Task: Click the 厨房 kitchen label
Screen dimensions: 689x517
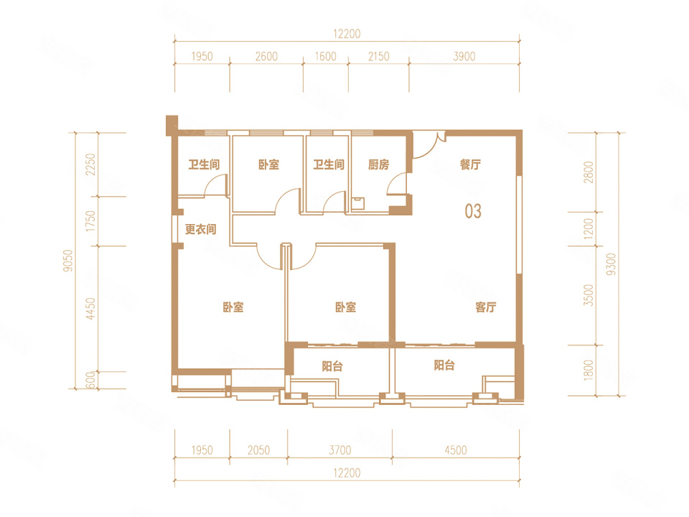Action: [x=378, y=164]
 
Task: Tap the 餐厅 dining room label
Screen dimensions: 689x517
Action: [x=470, y=164]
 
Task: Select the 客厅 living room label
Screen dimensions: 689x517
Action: [x=486, y=307]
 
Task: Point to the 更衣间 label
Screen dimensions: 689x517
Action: [x=201, y=229]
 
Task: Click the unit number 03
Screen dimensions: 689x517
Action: [x=473, y=211]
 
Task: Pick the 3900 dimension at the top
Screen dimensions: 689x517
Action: [x=464, y=56]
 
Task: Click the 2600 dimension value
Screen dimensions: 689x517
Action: [x=266, y=56]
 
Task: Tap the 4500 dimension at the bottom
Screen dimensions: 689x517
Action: [x=455, y=450]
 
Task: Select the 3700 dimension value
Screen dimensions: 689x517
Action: [x=340, y=450]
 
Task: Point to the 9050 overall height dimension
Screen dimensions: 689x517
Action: [x=67, y=261]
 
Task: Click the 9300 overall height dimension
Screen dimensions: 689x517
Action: [x=611, y=264]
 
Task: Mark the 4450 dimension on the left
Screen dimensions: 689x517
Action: [x=90, y=309]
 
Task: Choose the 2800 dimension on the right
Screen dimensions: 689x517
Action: [x=589, y=172]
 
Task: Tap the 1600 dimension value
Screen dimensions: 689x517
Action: [x=326, y=56]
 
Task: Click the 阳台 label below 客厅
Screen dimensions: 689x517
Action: [x=444, y=365]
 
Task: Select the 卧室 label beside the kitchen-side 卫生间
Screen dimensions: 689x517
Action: [x=268, y=164]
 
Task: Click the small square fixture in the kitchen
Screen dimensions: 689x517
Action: [x=358, y=202]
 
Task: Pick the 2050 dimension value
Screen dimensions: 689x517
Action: [x=258, y=450]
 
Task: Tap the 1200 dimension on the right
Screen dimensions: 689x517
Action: [x=589, y=228]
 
